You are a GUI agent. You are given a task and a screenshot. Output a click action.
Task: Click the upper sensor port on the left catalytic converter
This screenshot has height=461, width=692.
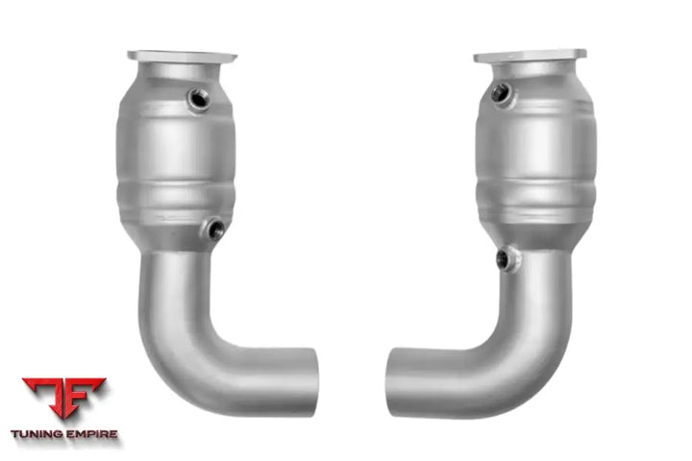(198, 98)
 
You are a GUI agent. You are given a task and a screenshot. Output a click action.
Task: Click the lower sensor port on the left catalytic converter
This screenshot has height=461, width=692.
(212, 230)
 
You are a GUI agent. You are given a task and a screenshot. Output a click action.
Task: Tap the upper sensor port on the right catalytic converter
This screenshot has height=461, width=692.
(500, 92)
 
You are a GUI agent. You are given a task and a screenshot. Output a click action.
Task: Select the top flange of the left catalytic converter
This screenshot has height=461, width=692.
(181, 56)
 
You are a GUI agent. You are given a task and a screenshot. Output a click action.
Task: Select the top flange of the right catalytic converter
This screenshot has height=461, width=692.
(530, 55)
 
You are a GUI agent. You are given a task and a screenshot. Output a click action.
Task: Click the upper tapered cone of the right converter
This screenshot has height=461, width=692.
(531, 78)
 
